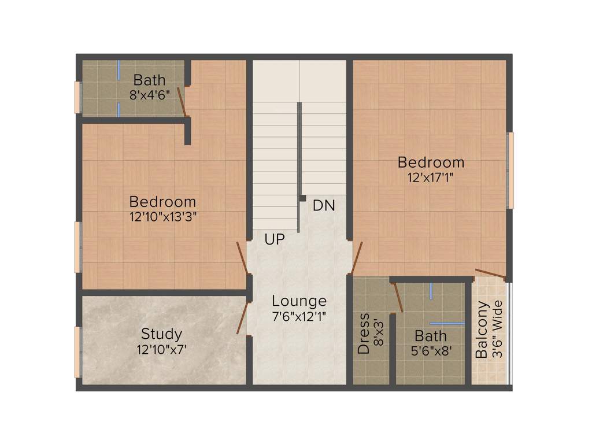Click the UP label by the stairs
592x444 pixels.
275,239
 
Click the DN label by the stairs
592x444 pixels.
324,205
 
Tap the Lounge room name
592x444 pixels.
299,301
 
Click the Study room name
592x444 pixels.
162,334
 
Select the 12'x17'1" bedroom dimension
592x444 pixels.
431,177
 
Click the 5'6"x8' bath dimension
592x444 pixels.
431,351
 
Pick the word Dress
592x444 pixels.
364,334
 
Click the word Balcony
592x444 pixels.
482,330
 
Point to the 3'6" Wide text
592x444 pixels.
498,330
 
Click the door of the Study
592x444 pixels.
243,317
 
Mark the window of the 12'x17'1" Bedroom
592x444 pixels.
510,170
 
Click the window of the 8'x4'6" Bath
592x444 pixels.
77,97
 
